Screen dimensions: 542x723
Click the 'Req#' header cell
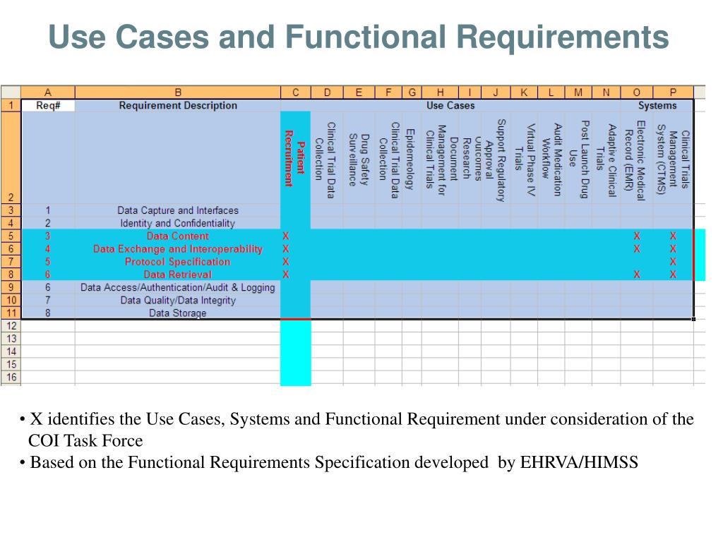[47, 106]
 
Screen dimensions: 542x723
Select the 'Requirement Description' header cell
[178, 106]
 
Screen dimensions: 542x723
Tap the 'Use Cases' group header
[450, 106]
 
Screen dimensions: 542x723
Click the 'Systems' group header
[657, 106]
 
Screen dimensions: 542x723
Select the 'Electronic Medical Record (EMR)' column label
[635, 160]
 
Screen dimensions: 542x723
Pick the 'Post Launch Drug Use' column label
[579, 159]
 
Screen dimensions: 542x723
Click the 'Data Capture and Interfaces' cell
[178, 210]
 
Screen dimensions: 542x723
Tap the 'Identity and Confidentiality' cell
[178, 223]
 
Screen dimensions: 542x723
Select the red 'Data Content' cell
[178, 236]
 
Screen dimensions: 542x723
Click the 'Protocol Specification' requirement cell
[178, 262]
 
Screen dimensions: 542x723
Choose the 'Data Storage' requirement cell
[178, 313]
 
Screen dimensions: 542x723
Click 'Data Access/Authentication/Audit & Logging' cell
[178, 288]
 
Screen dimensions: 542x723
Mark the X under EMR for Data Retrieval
[637, 275]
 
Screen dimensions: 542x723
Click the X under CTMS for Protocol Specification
[673, 262]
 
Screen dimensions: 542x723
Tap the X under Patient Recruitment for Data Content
[286, 236]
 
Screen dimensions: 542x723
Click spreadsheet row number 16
[11, 378]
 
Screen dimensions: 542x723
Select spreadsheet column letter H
[440, 92]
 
